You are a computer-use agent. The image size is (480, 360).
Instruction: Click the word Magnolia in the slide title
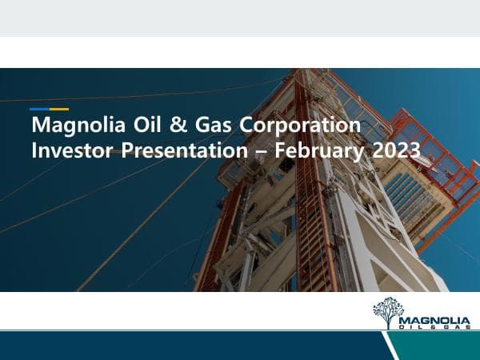pos(67,126)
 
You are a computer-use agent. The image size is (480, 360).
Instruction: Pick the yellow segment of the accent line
pos(59,109)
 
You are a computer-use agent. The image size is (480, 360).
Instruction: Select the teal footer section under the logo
pos(440,346)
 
